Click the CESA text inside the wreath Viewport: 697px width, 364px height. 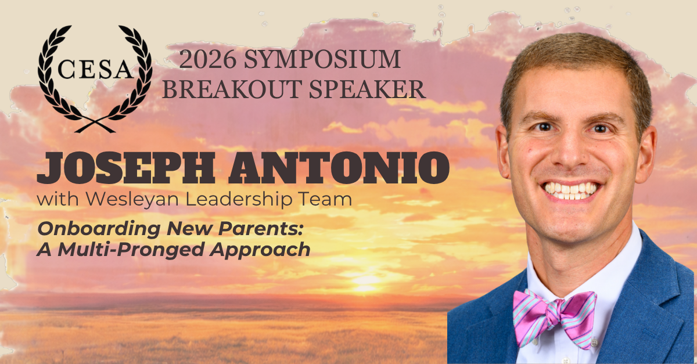(x=95, y=69)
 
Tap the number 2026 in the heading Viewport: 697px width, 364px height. (x=207, y=59)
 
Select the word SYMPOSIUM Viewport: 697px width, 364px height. (x=322, y=59)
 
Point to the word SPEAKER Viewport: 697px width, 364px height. (x=368, y=89)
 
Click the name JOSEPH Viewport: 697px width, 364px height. (x=126, y=168)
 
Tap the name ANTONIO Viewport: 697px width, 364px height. (x=339, y=168)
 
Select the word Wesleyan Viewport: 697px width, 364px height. (x=132, y=200)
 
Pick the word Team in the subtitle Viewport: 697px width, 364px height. (x=325, y=199)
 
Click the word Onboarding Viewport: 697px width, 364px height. (x=99, y=229)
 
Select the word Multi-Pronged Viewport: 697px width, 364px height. (x=131, y=250)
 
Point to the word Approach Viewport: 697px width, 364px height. (x=260, y=250)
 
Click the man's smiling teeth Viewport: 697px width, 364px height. (x=570, y=190)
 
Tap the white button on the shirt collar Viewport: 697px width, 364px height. (x=594, y=343)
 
